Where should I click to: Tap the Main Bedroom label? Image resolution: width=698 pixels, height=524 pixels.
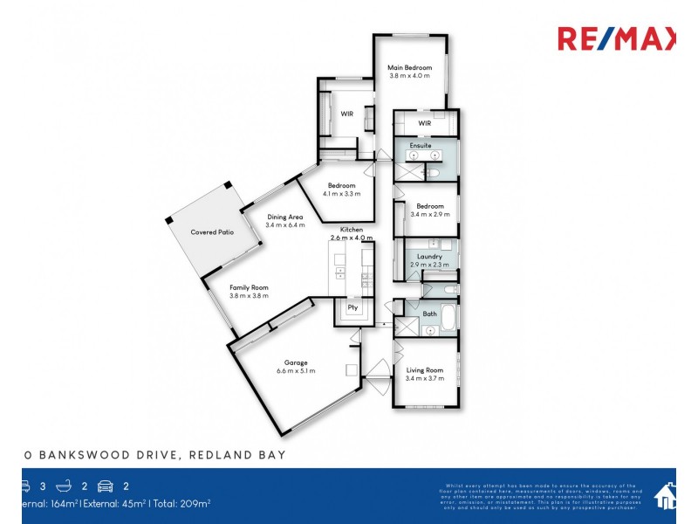[x=409, y=67]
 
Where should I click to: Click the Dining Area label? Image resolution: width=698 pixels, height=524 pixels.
[x=284, y=217]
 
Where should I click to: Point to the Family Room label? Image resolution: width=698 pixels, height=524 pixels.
[x=249, y=287]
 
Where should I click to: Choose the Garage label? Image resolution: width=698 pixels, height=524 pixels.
[x=296, y=362]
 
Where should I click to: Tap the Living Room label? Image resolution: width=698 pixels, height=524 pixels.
[x=425, y=370]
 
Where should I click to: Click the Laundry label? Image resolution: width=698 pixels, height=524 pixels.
[x=429, y=256]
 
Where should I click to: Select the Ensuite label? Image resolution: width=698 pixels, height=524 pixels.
[x=421, y=145]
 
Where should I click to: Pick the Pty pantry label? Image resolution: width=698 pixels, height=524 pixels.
[x=352, y=307]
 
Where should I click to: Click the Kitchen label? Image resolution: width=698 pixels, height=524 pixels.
[x=352, y=230]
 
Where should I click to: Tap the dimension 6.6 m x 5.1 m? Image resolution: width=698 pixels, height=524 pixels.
[x=296, y=371]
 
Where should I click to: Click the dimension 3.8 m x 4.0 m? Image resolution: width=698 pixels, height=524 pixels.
[x=409, y=76]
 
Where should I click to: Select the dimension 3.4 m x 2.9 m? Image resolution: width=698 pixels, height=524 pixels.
[x=429, y=214]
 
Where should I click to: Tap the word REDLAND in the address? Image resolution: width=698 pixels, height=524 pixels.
[x=223, y=455]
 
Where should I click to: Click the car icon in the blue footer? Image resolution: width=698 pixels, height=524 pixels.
[x=106, y=486]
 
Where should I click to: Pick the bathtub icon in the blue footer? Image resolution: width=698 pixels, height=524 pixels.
[x=64, y=486]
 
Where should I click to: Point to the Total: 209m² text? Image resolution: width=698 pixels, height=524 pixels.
[x=181, y=503]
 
